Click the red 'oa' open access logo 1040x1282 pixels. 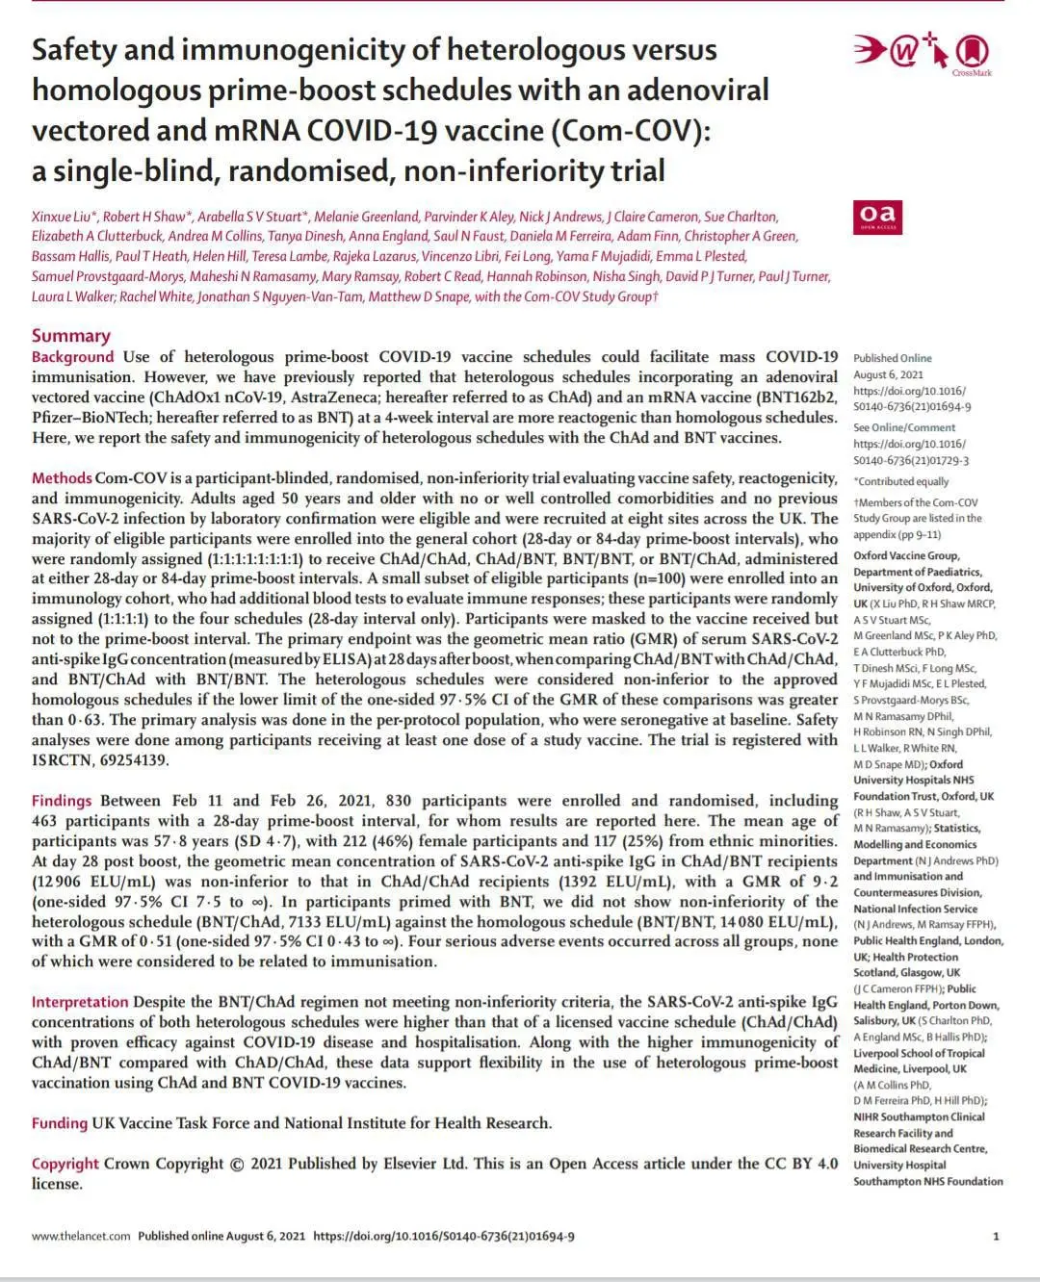tap(876, 217)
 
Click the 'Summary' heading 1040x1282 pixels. tap(70, 335)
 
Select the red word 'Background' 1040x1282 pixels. tap(72, 357)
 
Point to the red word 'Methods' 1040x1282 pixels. tap(62, 478)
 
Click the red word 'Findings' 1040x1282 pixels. tap(62, 801)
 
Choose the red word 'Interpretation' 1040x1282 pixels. tap(79, 1002)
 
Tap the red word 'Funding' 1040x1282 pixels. tap(59, 1123)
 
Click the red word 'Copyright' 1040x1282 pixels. tap(65, 1164)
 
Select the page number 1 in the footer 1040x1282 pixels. tap(996, 1236)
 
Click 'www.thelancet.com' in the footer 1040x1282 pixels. tap(80, 1236)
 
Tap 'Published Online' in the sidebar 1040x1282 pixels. tap(892, 358)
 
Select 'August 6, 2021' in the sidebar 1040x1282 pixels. tap(888, 374)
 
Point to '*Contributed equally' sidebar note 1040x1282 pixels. tap(901, 481)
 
